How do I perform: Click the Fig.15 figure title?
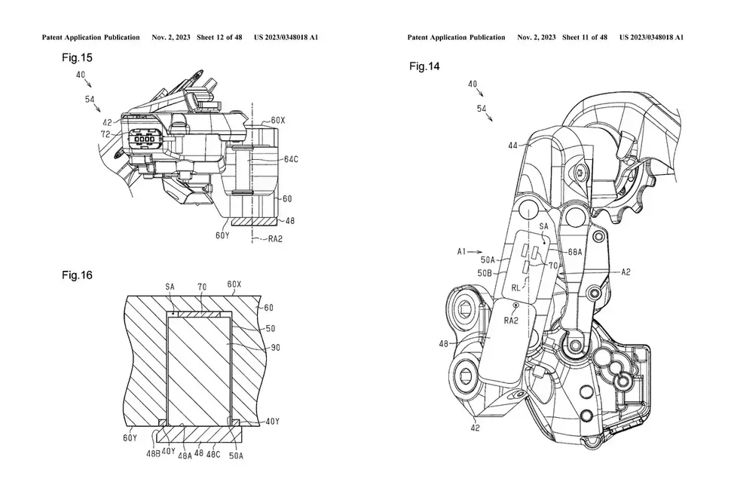click(76, 57)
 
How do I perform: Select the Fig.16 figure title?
click(77, 275)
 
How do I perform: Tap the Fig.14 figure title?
click(424, 67)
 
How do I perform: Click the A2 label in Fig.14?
click(625, 271)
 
